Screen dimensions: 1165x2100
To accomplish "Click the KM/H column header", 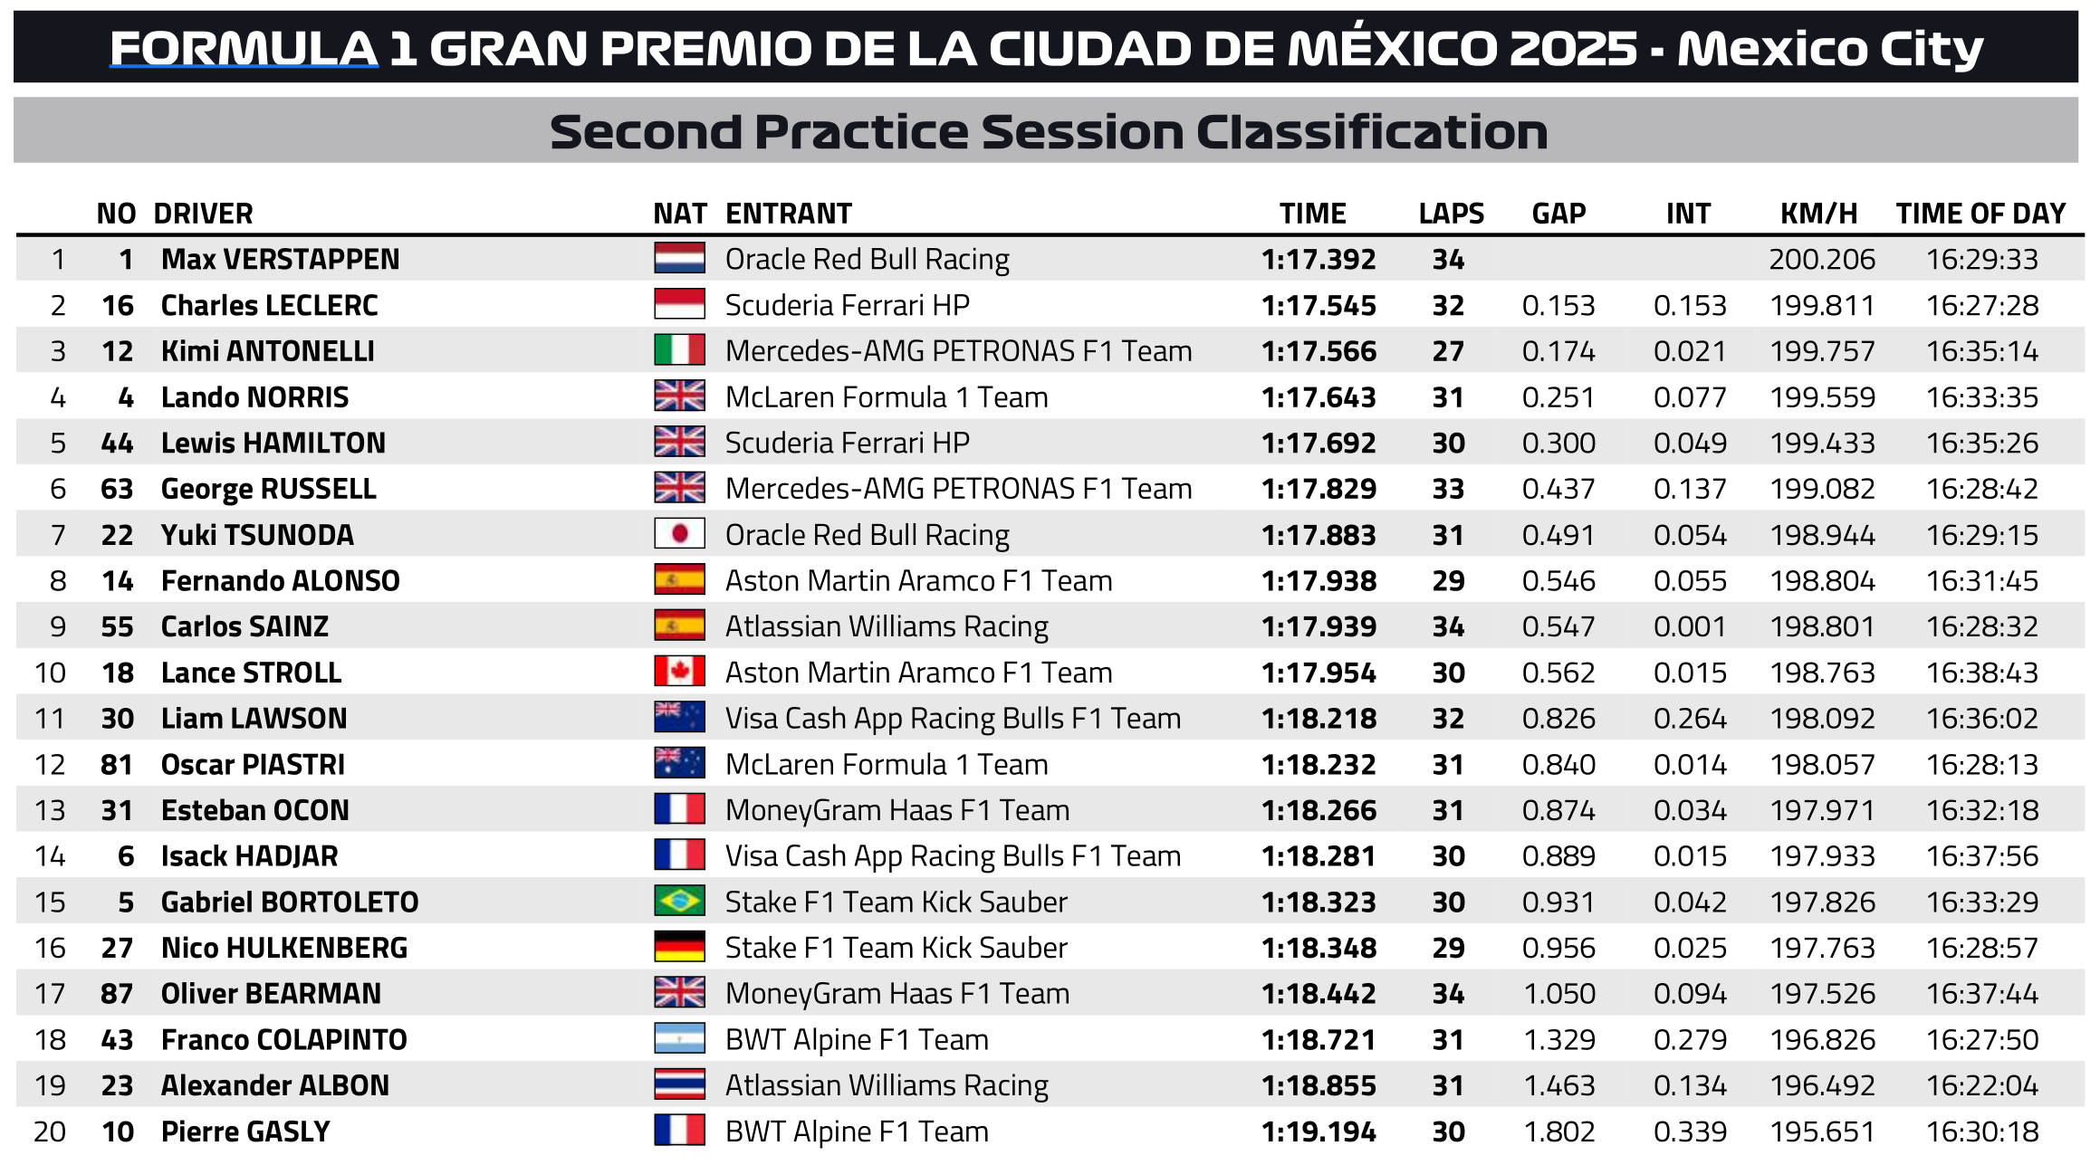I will [1818, 214].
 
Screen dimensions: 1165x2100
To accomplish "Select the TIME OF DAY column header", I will [1980, 214].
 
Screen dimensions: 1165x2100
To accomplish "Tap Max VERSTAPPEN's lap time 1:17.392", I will [1318, 260].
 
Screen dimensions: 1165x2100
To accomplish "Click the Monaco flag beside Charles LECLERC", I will [679, 304].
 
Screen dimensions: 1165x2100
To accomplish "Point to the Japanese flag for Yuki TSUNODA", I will [679, 534].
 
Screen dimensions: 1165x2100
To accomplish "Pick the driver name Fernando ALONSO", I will [280, 581].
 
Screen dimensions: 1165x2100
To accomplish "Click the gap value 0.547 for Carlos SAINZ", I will [1558, 626].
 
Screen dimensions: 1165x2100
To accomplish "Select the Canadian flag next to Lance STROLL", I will [679, 672].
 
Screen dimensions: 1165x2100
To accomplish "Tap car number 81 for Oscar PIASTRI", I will [117, 765].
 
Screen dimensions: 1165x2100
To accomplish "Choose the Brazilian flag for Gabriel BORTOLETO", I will [679, 902].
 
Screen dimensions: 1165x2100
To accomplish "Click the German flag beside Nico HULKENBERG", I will [679, 947].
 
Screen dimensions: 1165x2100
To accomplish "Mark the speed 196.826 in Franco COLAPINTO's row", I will [1822, 1040].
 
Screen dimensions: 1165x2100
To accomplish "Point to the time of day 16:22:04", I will [1981, 1085].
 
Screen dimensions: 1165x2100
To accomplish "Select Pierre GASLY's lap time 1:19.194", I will [1318, 1132].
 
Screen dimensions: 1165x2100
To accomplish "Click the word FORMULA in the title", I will [244, 49].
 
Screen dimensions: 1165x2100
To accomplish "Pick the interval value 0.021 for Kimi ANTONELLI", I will [1689, 351].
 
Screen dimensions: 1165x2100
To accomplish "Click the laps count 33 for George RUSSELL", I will [1448, 489].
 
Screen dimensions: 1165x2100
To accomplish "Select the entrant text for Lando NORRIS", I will [886, 397].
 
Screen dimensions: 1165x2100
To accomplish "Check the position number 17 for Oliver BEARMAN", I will [50, 994].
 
